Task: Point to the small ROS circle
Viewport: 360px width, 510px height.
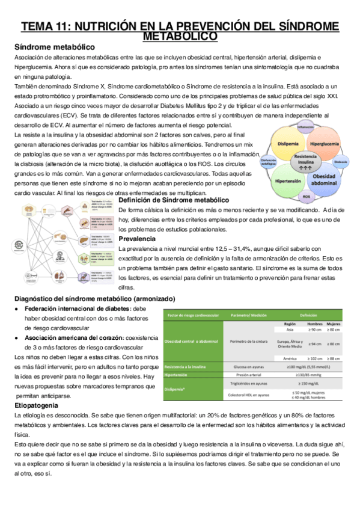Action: (306, 197)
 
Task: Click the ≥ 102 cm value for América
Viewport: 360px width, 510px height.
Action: (315, 358)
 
